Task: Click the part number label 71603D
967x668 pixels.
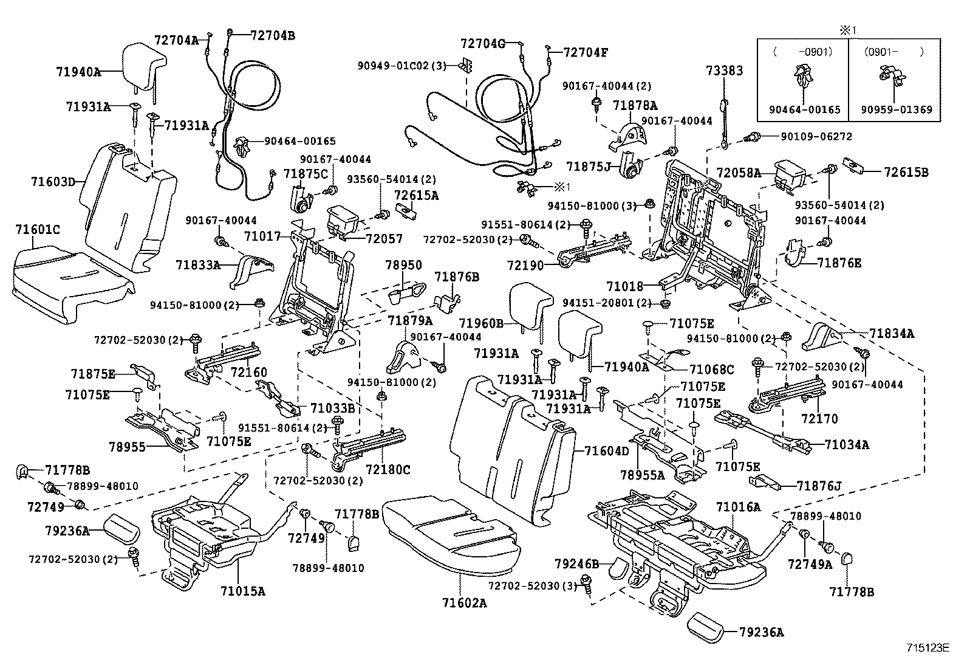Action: (53, 182)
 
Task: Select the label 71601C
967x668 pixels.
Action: (38, 229)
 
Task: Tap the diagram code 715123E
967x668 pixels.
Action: (928, 648)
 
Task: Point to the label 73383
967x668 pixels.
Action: (725, 71)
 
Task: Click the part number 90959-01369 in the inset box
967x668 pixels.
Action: (897, 110)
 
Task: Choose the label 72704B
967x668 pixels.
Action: (273, 35)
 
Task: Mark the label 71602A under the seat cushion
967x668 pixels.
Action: (464, 603)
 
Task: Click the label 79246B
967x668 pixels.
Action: (577, 564)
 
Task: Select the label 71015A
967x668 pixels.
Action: (243, 591)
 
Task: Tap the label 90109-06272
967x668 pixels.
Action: (816, 137)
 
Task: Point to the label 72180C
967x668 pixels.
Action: (388, 469)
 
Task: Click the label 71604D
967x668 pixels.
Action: (607, 451)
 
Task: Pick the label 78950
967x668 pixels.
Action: (404, 265)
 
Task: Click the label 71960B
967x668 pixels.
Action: (481, 323)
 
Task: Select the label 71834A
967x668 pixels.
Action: (892, 334)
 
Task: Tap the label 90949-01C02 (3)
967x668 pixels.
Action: (402, 66)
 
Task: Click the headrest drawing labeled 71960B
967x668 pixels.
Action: (530, 305)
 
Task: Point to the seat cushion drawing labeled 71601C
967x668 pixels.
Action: (71, 284)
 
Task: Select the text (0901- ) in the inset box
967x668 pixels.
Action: (894, 52)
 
